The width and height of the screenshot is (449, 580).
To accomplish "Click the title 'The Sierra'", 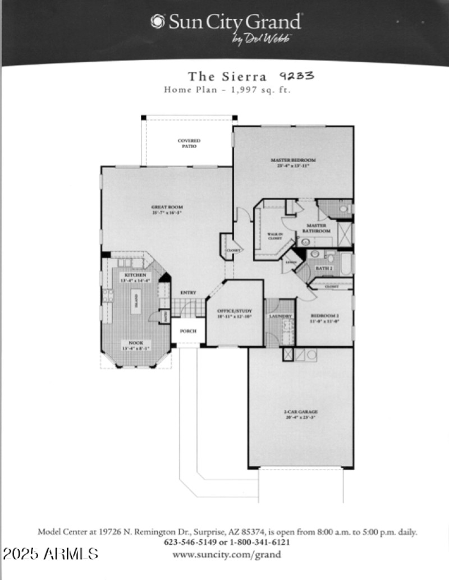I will [227, 76].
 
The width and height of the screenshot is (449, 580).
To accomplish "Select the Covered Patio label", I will [189, 143].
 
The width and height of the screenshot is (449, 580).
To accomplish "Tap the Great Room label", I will [167, 210].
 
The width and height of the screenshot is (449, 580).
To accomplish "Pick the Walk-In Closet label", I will [274, 236].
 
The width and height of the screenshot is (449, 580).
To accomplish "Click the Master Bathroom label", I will [316, 228].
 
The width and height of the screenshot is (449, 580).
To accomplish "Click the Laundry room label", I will [280, 316].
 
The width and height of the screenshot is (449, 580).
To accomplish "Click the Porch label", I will [188, 331].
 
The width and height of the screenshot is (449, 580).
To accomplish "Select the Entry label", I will [188, 293].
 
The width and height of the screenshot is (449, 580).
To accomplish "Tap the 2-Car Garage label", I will [301, 414].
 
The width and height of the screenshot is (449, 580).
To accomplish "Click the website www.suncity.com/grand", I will [227, 555].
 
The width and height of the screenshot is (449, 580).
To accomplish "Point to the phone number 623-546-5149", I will [189, 542].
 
